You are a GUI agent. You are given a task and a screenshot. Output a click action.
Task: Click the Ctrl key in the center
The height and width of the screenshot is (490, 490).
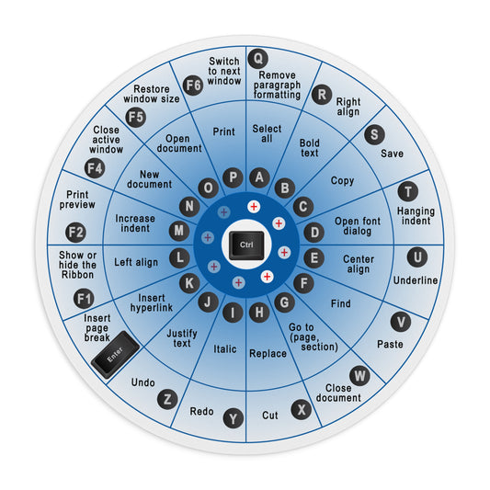click(246, 245)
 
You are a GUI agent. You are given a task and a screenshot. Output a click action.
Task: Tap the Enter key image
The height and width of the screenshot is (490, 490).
click(115, 354)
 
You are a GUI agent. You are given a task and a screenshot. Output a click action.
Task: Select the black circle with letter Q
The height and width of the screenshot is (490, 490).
click(257, 59)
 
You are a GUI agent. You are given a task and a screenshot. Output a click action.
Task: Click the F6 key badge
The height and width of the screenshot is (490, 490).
click(193, 85)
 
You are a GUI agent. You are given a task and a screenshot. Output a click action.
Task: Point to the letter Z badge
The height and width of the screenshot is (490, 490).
click(167, 399)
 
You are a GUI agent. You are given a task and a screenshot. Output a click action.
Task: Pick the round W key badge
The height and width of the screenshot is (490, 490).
click(359, 376)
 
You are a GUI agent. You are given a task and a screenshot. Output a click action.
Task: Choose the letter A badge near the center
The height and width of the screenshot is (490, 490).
click(259, 177)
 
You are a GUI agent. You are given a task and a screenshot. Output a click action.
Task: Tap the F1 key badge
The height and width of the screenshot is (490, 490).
click(84, 299)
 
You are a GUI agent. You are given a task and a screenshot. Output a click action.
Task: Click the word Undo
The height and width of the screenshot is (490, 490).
click(142, 382)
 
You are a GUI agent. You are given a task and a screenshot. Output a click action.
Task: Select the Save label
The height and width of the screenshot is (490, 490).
click(392, 154)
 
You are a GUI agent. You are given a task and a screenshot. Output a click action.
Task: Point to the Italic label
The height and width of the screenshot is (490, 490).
click(224, 348)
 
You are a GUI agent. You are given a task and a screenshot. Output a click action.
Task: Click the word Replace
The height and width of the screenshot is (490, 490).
click(268, 353)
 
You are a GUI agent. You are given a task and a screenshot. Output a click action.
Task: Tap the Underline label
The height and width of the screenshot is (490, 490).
click(416, 280)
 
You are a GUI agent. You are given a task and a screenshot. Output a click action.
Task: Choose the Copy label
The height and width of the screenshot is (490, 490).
click(342, 180)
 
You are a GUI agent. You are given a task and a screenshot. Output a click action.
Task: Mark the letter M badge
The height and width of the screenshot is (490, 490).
click(179, 231)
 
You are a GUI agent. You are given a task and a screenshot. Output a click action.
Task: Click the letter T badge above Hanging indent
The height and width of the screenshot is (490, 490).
click(408, 191)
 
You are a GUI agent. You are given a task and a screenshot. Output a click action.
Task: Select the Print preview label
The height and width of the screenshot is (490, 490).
click(77, 199)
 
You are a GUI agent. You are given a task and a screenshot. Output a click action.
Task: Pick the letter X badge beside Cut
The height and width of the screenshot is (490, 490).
click(302, 409)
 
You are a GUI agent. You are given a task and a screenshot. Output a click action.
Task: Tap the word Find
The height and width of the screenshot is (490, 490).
click(341, 303)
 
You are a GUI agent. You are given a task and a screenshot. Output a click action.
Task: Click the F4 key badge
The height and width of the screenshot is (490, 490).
click(95, 168)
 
